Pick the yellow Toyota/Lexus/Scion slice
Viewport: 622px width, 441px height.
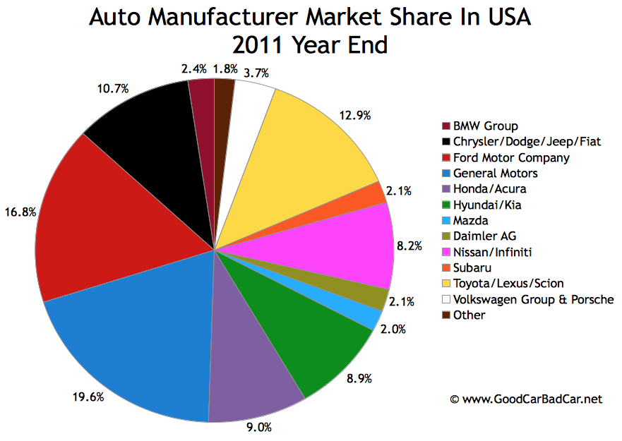click(x=311, y=148)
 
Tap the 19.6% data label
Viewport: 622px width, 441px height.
click(x=90, y=397)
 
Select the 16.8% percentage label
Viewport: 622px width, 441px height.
click(x=19, y=210)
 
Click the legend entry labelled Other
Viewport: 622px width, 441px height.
click(x=470, y=315)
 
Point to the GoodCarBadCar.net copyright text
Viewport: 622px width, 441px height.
click(x=527, y=399)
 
